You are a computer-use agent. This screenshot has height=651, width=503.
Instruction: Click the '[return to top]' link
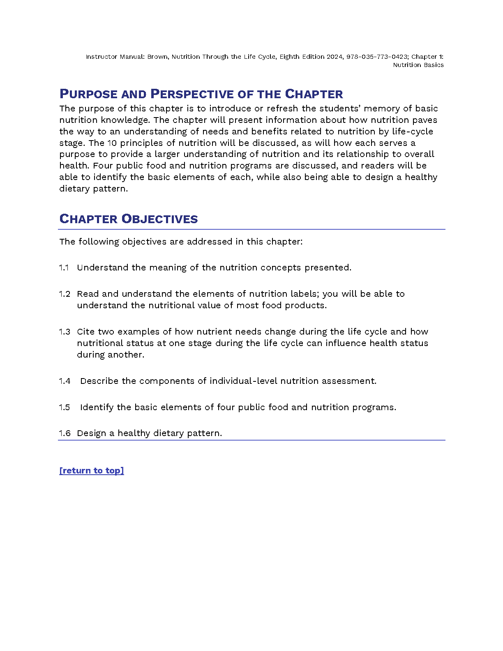92,471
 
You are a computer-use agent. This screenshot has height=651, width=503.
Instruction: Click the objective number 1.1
64,268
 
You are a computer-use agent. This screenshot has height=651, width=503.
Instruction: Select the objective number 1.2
65,294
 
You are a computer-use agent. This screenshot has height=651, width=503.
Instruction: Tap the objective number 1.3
65,332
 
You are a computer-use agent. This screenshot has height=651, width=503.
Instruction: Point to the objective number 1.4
65,381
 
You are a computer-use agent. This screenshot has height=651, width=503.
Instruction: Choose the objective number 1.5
65,407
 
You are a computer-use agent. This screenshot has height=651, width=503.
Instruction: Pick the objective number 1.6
65,433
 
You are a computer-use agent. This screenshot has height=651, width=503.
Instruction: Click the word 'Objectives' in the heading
160,219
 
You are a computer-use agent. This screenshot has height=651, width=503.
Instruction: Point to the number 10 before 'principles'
112,143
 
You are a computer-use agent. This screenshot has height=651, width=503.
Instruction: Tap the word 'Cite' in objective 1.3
85,332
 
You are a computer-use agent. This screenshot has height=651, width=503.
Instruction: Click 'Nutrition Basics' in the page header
418,65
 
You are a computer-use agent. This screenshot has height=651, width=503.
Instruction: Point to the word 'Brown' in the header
157,57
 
